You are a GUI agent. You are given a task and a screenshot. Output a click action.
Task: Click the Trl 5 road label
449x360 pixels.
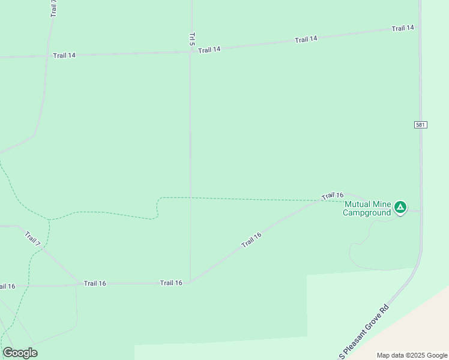coord(192,39)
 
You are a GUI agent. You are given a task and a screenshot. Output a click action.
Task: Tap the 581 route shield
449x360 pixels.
coord(420,124)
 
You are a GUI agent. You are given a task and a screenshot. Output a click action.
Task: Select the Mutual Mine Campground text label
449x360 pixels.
coord(367,208)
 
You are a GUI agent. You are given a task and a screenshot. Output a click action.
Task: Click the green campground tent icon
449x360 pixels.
coord(400,208)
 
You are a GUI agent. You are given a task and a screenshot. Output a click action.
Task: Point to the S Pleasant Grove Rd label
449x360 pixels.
coord(364,332)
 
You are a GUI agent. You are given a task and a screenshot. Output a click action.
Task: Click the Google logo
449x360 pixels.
coord(20,353)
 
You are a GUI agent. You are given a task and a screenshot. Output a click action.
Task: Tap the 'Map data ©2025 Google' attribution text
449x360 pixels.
coord(412,355)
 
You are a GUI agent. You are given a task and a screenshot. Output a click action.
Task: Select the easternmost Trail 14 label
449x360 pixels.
coord(403,28)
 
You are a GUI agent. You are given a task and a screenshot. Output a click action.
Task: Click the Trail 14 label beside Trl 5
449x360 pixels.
coord(209,50)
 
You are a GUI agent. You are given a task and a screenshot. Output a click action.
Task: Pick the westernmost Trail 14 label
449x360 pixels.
coord(64,55)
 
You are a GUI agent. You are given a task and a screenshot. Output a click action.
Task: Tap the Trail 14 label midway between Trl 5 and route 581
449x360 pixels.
coord(306,39)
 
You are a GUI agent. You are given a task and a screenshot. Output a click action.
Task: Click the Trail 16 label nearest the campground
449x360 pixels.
coord(332,196)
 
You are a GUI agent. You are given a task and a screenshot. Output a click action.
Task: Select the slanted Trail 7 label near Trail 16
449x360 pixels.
coord(33,238)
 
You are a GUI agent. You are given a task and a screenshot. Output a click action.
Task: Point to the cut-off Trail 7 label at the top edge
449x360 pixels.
coord(53,8)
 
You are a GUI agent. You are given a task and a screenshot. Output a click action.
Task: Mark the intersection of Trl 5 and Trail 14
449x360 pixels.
coord(191,51)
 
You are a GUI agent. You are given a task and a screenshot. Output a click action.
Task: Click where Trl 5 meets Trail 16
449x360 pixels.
coord(190,282)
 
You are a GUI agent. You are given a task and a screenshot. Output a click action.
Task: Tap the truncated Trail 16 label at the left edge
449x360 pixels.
coord(7,286)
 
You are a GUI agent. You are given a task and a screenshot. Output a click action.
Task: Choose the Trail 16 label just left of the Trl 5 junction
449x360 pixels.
coord(171,283)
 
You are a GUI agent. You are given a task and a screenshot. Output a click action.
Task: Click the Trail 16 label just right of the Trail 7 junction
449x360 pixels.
coord(95,283)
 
